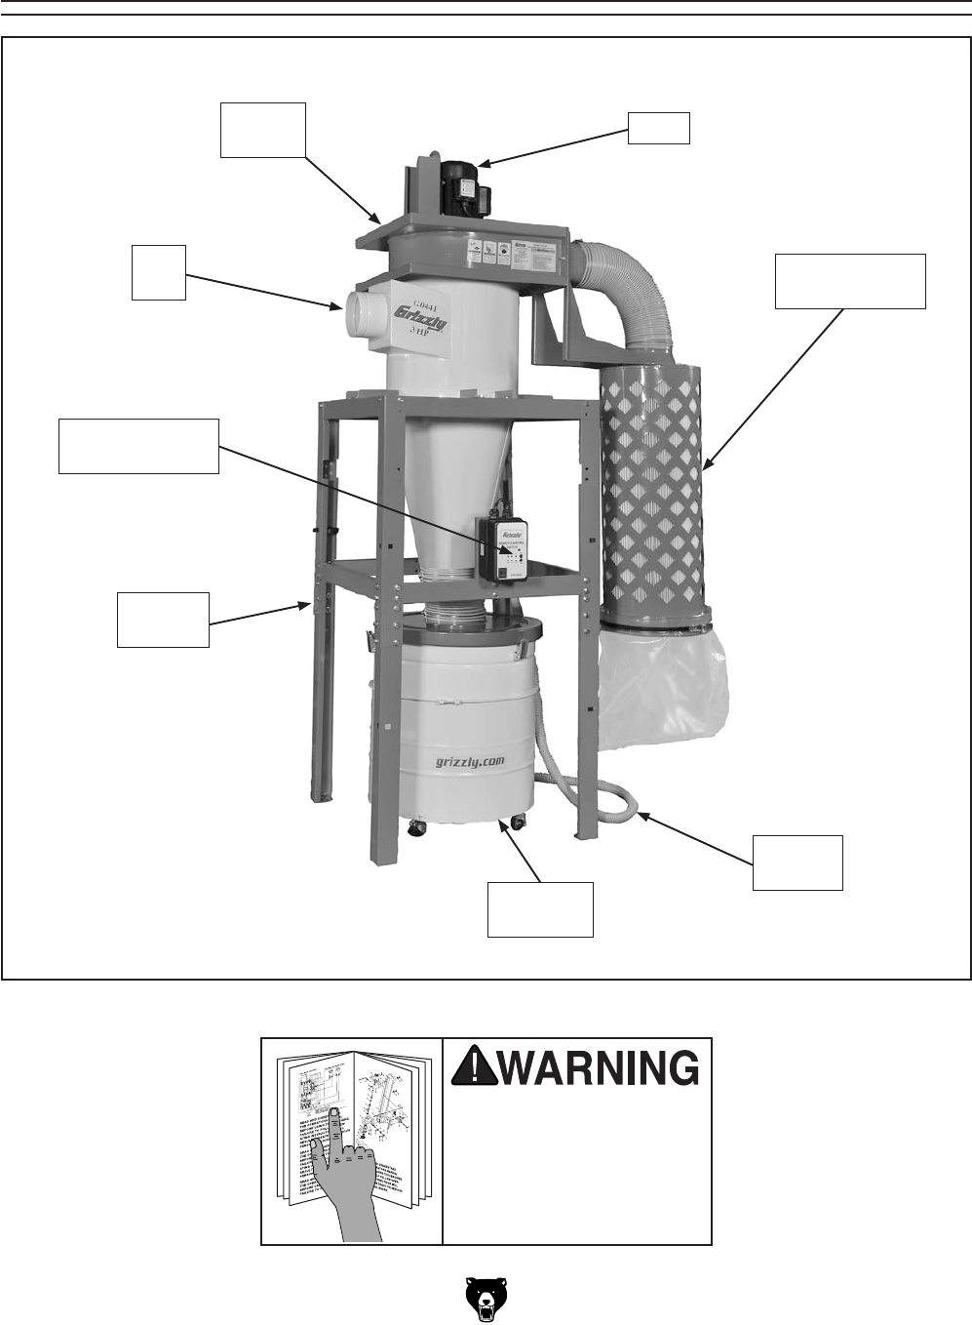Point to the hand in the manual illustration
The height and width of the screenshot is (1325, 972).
[x=347, y=1171]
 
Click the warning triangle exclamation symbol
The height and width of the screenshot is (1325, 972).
[x=474, y=1065]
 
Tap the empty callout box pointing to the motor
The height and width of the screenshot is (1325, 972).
[x=658, y=128]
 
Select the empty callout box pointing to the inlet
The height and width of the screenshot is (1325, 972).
[x=159, y=272]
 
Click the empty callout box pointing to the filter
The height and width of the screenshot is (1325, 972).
[x=849, y=281]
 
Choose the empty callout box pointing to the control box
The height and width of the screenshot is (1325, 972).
[x=138, y=446]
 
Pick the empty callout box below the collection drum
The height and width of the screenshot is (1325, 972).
[x=540, y=908]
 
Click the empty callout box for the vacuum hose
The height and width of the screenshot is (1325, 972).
[x=797, y=863]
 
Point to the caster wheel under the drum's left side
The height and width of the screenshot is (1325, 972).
[x=416, y=829]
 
